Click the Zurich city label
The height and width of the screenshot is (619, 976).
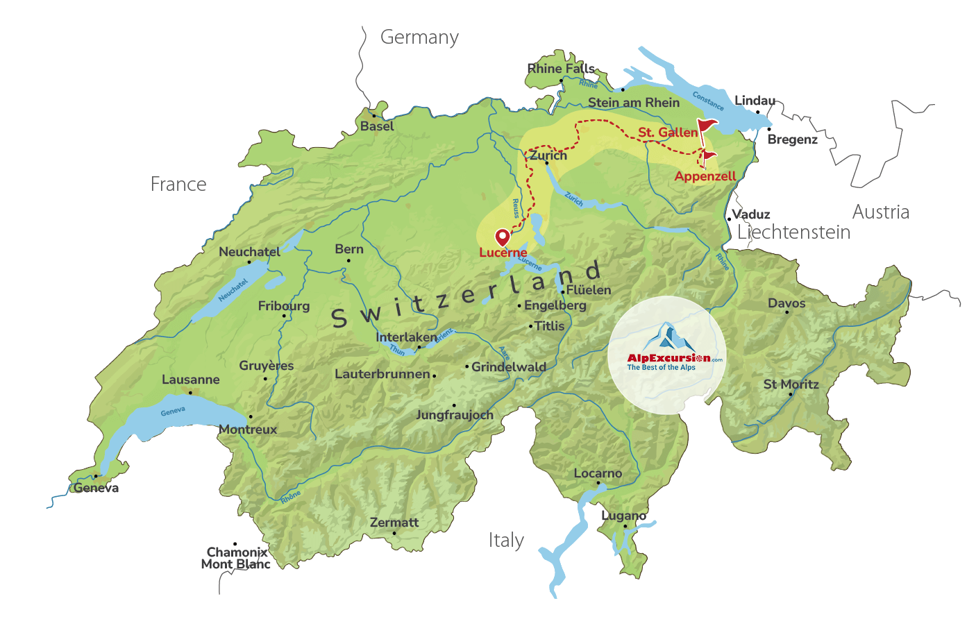point(548,155)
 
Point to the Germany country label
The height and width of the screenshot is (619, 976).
point(419,37)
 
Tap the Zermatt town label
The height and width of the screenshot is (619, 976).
point(394,523)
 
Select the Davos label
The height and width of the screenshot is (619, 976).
point(786,303)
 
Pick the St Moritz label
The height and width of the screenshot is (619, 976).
point(791,384)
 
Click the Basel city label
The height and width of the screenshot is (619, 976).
point(377,126)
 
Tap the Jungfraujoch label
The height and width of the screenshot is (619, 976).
point(455,415)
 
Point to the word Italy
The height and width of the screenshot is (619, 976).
point(506,540)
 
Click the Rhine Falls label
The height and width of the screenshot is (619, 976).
point(561,69)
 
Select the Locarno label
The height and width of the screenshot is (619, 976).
point(598,473)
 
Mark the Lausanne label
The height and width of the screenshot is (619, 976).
point(190,380)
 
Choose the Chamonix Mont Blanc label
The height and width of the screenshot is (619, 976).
point(236,558)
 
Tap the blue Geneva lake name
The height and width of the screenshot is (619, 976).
point(173,412)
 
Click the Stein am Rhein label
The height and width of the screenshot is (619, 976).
point(634,103)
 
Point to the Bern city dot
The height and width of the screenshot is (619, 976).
point(348,261)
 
